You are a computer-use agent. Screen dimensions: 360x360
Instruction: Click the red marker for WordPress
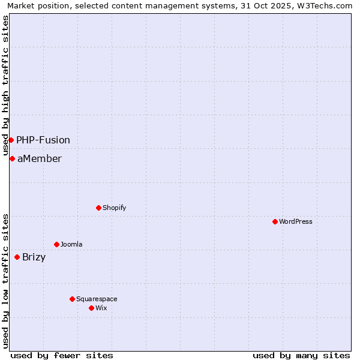[x=275, y=221]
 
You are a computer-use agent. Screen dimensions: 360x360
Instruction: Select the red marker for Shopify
[x=98, y=208]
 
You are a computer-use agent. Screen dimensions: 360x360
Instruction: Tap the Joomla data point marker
[x=56, y=244]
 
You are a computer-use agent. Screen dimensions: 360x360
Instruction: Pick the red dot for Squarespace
[x=72, y=299]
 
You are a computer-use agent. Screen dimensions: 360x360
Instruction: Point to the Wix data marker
[x=91, y=308]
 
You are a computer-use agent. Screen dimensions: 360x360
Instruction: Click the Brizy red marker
[x=17, y=257]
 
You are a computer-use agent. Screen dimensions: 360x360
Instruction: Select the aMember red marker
[x=12, y=158]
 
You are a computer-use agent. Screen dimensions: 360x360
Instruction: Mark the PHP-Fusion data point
[x=11, y=140]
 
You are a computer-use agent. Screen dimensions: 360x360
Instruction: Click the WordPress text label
[x=296, y=221]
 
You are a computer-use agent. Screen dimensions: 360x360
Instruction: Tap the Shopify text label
[x=115, y=208]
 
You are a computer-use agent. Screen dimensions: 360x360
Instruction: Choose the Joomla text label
[x=71, y=244]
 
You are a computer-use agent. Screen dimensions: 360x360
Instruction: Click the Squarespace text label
[x=97, y=299]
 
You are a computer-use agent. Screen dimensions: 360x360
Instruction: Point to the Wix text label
[x=101, y=308]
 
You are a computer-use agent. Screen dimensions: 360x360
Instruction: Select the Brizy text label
[x=34, y=257]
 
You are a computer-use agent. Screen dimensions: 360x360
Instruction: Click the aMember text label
[x=39, y=158]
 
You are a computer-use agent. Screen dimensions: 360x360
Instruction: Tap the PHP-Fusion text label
[x=43, y=140]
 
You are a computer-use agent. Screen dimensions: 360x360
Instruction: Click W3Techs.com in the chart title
[x=326, y=5]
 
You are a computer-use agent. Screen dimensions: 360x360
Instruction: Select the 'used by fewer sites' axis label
[x=62, y=355]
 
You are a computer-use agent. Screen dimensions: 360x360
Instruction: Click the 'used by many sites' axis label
[x=301, y=355]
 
